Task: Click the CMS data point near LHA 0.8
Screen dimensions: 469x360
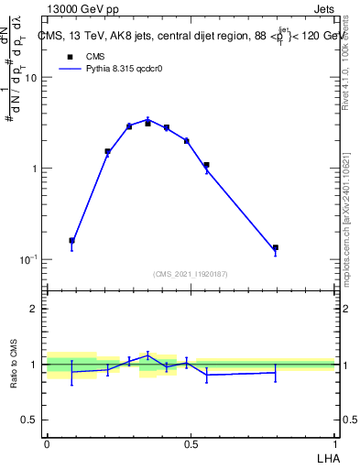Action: point(275,247)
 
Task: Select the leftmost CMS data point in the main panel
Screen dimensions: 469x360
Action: point(71,241)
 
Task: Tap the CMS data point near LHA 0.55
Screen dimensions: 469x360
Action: point(206,165)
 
